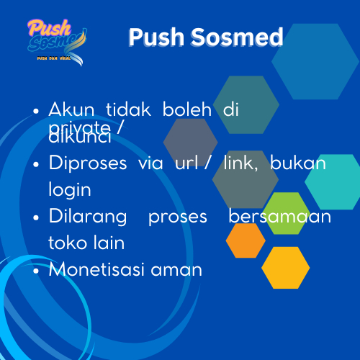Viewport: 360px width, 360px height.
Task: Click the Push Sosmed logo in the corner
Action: (55, 40)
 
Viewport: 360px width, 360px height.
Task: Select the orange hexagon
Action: (246, 240)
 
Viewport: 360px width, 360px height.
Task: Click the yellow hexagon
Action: (285, 267)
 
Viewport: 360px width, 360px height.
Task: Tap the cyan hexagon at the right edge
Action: (333, 181)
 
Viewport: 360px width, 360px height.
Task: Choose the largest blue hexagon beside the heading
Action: (315, 61)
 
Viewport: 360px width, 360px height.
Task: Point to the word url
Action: (186, 163)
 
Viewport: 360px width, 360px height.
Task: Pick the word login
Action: (70, 189)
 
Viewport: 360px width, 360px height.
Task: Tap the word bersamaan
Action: (280, 217)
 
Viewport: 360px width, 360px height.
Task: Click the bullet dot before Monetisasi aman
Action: (36, 271)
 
